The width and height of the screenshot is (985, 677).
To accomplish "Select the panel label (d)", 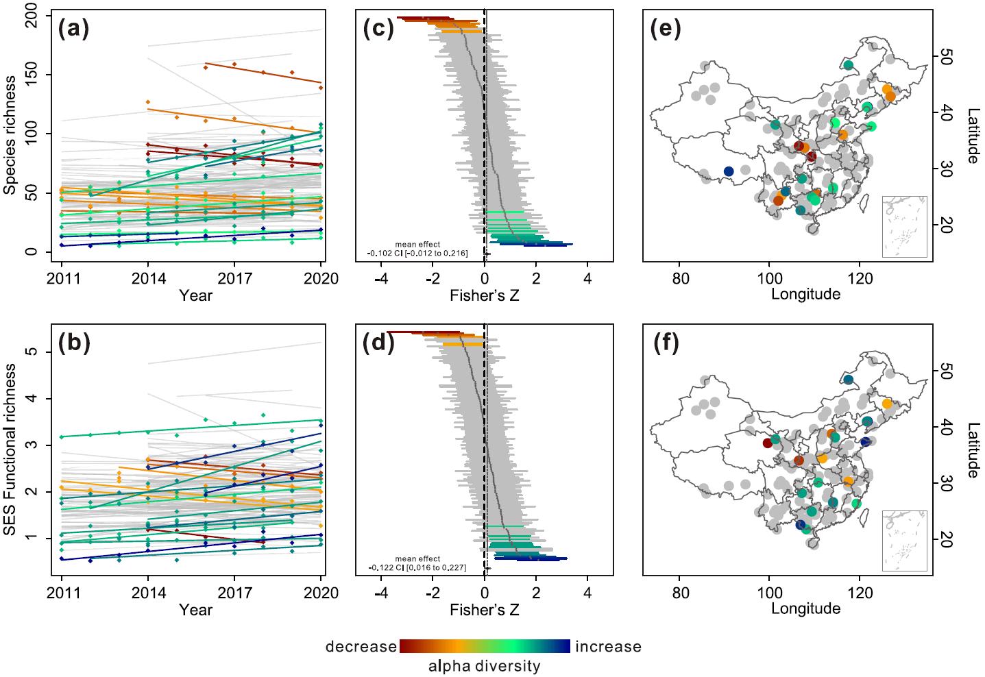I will pyautogui.click(x=380, y=343).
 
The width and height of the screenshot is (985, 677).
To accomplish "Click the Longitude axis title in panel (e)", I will pyautogui.click(x=805, y=295).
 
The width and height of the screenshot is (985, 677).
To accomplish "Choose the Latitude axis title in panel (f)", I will pyautogui.click(x=972, y=449).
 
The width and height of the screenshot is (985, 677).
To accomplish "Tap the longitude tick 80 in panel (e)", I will pyautogui.click(x=679, y=279).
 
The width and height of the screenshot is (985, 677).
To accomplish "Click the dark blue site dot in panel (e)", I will pyautogui.click(x=729, y=171).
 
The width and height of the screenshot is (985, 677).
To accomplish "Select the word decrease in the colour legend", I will pyautogui.click(x=361, y=647).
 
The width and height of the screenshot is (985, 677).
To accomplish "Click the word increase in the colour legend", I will pyautogui.click(x=608, y=647).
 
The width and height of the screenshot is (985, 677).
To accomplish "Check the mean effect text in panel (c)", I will pyautogui.click(x=417, y=249).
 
